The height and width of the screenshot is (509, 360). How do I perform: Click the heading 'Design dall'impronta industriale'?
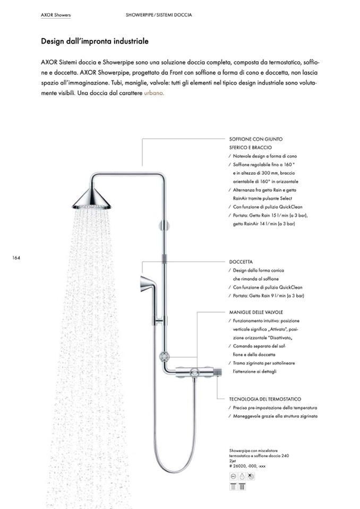point(95,40)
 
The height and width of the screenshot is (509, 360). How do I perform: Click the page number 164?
point(15,258)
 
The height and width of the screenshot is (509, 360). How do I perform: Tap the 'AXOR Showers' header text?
point(56,15)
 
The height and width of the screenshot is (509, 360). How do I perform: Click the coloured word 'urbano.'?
point(154,92)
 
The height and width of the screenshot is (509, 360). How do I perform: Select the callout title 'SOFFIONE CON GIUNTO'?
point(256,139)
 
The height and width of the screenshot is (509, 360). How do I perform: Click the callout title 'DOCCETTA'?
point(241,262)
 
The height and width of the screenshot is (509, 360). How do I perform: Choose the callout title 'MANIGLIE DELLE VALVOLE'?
point(256,313)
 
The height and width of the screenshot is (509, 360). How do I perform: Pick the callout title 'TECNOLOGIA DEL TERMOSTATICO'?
point(265,399)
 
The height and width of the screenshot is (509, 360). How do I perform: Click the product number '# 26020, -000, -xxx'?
point(247,466)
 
